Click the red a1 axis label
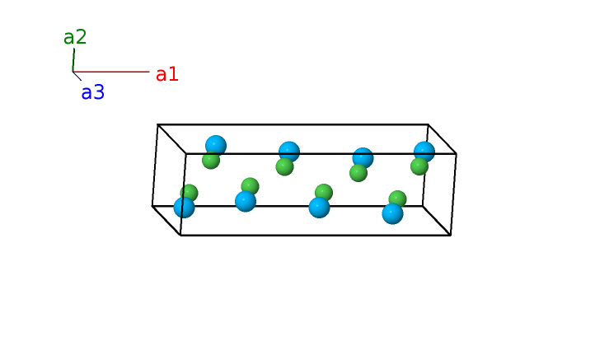click(166, 74)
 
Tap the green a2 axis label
click(75, 37)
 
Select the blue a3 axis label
click(92, 92)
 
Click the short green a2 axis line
click(73, 60)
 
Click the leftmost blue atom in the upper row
click(216, 146)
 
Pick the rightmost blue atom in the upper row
click(424, 152)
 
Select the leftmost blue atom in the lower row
click(185, 207)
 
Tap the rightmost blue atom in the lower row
click(393, 213)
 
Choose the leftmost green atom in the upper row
click(210, 161)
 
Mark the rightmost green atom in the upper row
click(419, 166)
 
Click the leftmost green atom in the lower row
click(190, 192)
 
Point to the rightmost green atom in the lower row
click(398, 199)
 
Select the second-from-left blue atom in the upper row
click(289, 152)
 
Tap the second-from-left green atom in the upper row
click(284, 167)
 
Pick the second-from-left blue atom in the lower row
click(246, 201)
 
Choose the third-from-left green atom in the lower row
click(324, 192)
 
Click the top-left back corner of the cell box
click(157, 125)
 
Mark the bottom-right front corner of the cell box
click(451, 235)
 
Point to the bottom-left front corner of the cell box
click(180, 235)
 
